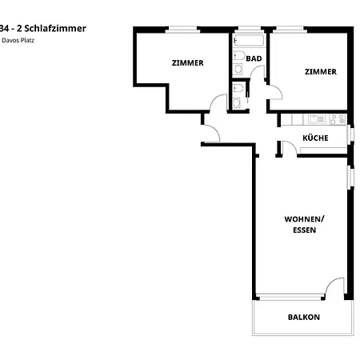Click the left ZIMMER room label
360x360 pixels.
(187, 62)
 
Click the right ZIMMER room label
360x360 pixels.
(320, 71)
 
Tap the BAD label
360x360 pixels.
(254, 58)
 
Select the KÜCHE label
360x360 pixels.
(315, 138)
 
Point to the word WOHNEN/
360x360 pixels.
(304, 218)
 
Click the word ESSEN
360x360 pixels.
(304, 230)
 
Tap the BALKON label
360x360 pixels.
(303, 317)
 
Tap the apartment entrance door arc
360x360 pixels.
(210, 134)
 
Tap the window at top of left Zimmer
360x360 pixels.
(183, 30)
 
